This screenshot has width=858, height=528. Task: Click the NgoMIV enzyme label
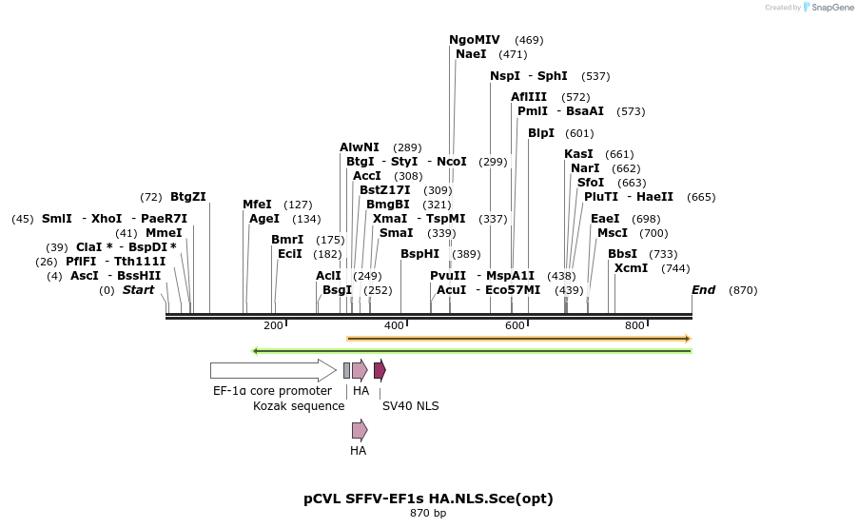point(474,40)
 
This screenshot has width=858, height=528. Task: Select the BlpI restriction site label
point(541,133)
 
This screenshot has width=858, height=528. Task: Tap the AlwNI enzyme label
point(360,147)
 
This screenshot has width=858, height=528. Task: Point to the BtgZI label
point(188,197)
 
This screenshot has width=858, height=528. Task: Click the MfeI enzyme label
point(257,205)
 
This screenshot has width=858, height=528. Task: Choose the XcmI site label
point(631,268)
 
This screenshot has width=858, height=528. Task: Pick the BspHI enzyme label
point(419,254)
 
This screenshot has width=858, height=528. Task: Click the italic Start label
point(139,290)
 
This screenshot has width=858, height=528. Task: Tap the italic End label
point(703,290)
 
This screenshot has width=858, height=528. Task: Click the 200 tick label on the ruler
point(273,325)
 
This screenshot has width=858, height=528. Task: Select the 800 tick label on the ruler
point(634,325)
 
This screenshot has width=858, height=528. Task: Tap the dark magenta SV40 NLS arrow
point(380,370)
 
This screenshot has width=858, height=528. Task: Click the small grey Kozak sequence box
point(346,370)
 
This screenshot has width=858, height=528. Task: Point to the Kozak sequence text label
point(299,406)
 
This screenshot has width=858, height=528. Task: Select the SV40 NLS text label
point(410,406)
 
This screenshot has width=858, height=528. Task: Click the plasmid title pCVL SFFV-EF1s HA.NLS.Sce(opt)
point(428,498)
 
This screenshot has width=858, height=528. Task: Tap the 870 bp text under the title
point(428,514)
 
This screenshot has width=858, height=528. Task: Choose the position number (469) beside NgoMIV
point(529,40)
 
